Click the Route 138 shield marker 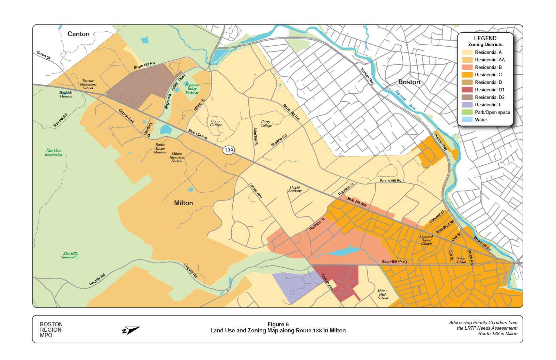pyautogui.click(x=229, y=150)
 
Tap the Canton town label pyautogui.click(x=78, y=34)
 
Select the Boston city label pyautogui.click(x=409, y=82)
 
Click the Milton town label pyautogui.click(x=183, y=203)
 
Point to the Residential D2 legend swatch pyautogui.click(x=467, y=97)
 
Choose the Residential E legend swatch pyautogui.click(x=467, y=105)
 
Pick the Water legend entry pyautogui.click(x=481, y=120)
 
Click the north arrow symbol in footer pyautogui.click(x=131, y=330)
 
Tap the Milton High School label pyautogui.click(x=382, y=295)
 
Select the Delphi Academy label pyautogui.click(x=295, y=189)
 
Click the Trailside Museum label pyautogui.click(x=66, y=94)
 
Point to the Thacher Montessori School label pyautogui.click(x=88, y=85)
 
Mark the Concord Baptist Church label pyautogui.click(x=426, y=240)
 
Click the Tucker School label pyautogui.click(x=461, y=260)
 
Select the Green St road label pyautogui.click(x=44, y=55)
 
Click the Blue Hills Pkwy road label pyautogui.click(x=395, y=261)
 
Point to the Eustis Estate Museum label pyautogui.click(x=160, y=148)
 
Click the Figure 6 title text pyautogui.click(x=278, y=324)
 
